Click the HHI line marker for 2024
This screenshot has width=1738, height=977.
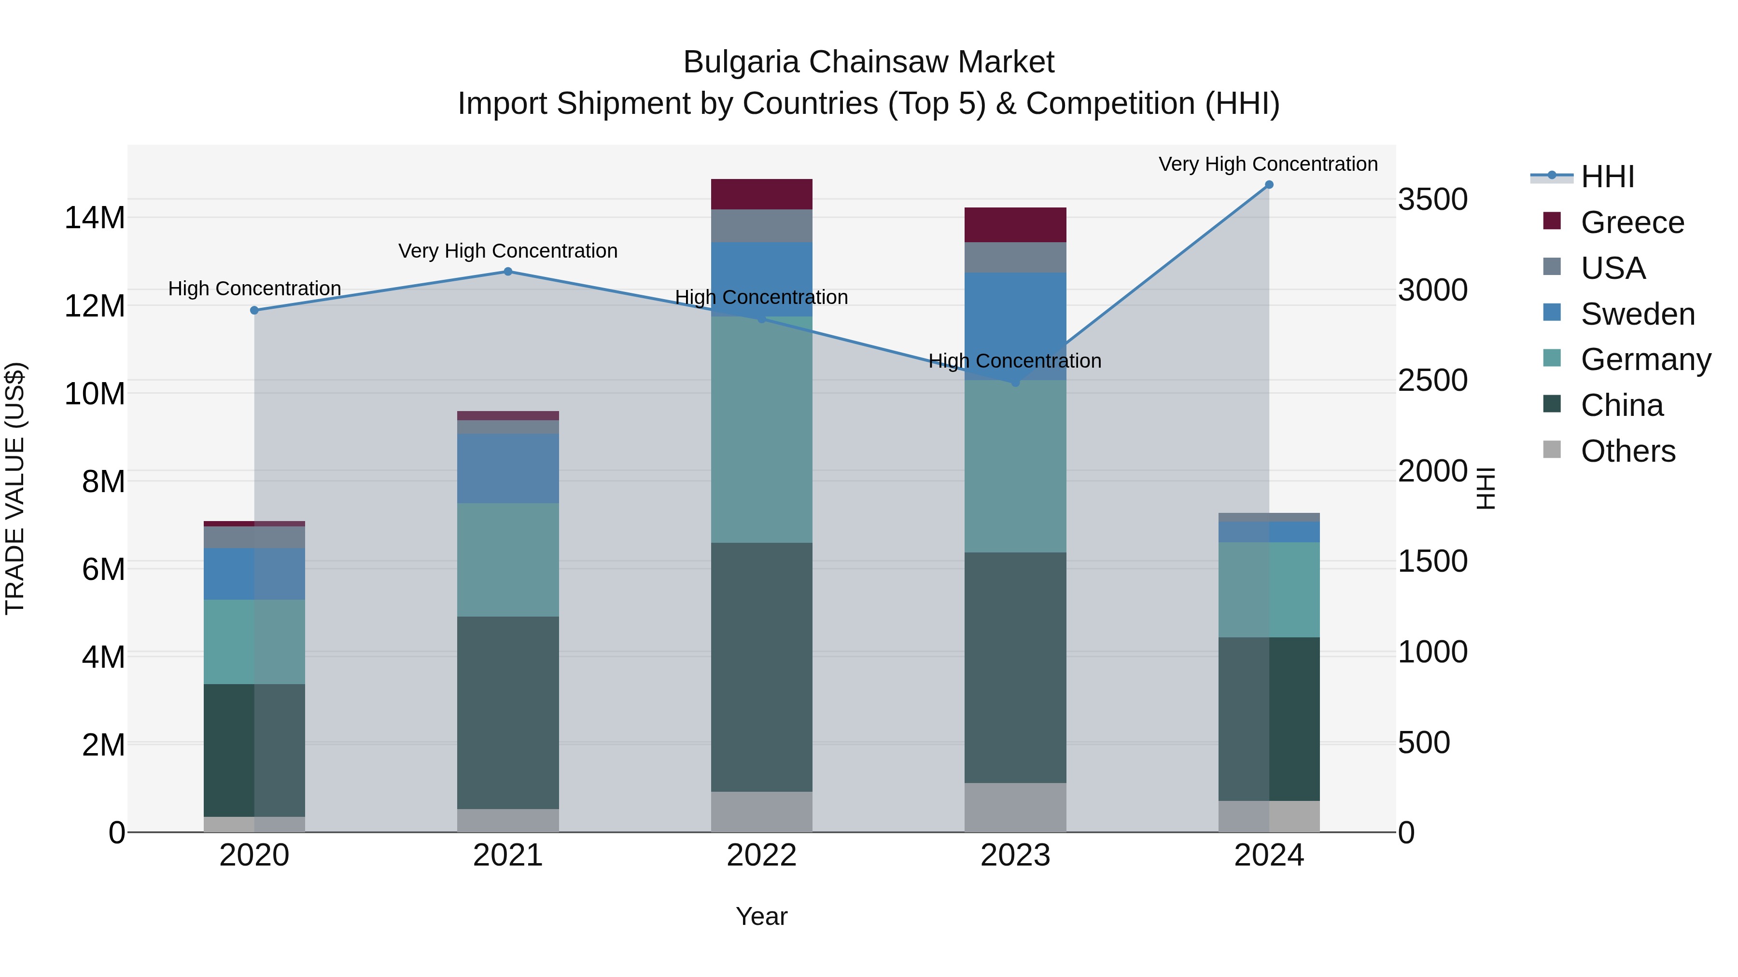point(1268,185)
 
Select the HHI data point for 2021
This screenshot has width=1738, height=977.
point(508,272)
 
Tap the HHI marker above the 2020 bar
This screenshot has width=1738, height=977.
point(254,310)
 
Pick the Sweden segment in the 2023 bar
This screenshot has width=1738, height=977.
point(1015,326)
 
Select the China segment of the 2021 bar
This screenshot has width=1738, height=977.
point(508,712)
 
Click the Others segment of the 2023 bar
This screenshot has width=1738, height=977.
point(1015,807)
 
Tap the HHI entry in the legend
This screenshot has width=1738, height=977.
point(1607,177)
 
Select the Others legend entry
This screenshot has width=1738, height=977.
point(1627,451)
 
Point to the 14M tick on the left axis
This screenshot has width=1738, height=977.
point(95,218)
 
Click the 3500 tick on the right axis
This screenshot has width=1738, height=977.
point(1432,200)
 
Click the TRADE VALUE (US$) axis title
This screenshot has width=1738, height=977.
point(15,488)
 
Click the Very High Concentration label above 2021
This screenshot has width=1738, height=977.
point(508,251)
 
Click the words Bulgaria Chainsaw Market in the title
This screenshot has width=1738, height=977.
point(869,62)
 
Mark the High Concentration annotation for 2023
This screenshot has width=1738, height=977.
point(1015,361)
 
